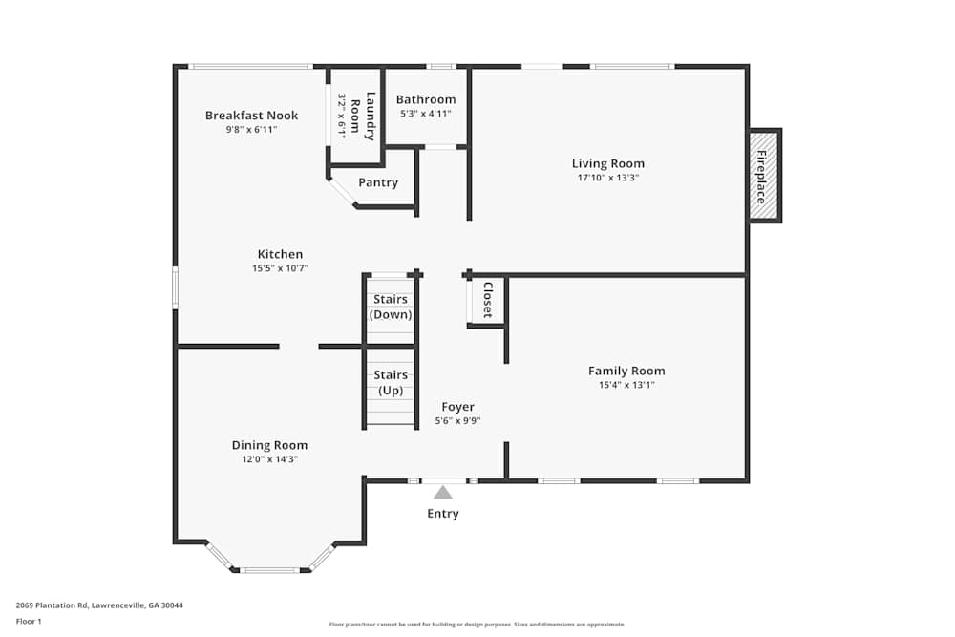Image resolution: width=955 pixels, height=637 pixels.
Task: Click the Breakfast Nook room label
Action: point(251,116)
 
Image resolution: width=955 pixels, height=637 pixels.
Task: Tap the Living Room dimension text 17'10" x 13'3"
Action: point(607,178)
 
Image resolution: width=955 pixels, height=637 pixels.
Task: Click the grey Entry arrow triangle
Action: point(442,493)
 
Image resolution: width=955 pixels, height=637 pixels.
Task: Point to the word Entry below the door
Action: point(442,514)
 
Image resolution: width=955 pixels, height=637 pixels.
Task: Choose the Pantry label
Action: point(377,182)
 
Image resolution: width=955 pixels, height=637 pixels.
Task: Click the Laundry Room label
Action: point(363,115)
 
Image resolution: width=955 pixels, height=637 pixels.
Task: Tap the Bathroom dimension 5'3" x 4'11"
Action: point(425,114)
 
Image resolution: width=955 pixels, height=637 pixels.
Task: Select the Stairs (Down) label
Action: point(390,307)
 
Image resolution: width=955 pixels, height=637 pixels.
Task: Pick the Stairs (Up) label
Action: point(390,383)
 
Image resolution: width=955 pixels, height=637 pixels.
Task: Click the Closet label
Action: point(487,300)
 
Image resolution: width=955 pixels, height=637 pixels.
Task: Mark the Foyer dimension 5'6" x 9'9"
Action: point(457,420)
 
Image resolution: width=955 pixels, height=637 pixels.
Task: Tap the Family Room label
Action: point(626,371)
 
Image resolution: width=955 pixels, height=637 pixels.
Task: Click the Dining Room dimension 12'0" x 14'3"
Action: point(269,459)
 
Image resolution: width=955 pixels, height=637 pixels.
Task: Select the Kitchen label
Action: point(280,254)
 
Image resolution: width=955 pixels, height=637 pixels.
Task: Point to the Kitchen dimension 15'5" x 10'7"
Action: point(280,268)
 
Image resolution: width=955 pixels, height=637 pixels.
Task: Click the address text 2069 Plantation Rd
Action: point(99,605)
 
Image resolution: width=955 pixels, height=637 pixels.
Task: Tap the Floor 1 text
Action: point(29,621)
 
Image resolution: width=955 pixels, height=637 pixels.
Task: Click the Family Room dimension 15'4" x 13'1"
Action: point(626,385)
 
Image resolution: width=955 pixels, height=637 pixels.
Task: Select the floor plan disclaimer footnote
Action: point(477,625)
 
